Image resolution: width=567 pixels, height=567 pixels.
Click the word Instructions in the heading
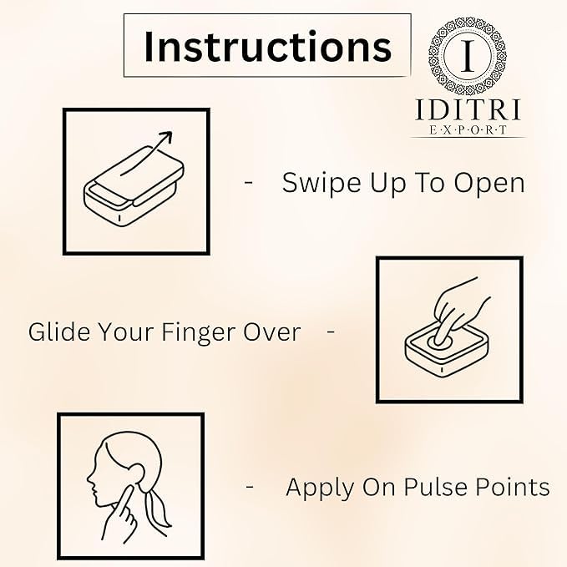(x=267, y=47)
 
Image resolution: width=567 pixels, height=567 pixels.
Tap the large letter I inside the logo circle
(x=468, y=56)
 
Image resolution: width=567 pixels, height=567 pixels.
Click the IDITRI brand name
(x=468, y=109)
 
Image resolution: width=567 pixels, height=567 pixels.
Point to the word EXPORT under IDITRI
(x=468, y=129)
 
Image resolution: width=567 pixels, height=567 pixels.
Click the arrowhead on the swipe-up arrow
(x=166, y=137)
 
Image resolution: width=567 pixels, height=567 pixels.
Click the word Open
(x=489, y=184)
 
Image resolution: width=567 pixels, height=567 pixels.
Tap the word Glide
(x=59, y=332)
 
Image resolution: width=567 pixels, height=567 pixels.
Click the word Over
(x=272, y=332)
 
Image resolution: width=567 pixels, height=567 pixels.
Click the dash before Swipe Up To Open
(x=248, y=183)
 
